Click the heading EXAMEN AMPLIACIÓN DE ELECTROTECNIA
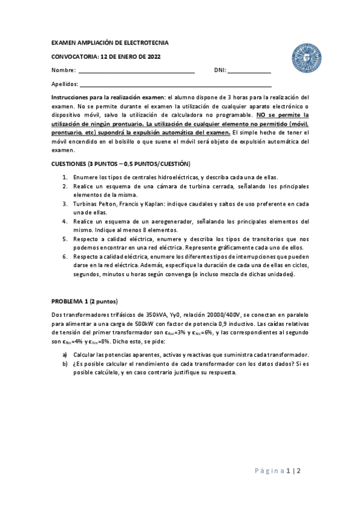(x=110, y=43)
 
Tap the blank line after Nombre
(x=138, y=70)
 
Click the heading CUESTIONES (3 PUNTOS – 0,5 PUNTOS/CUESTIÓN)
(x=121, y=164)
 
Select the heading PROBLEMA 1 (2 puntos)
(x=85, y=301)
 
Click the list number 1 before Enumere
(x=65, y=177)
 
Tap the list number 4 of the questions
(x=65, y=221)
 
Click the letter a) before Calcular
(x=65, y=355)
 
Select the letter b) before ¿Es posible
(x=65, y=364)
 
